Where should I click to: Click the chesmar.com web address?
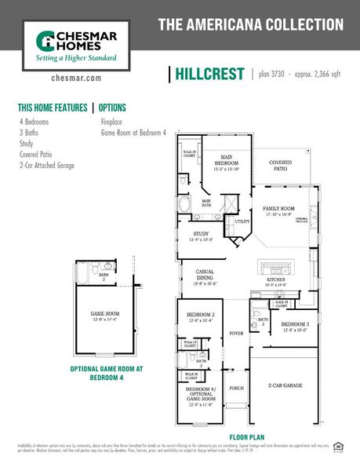(76, 78)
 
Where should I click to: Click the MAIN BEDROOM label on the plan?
(226, 160)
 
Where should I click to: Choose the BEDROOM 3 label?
(296, 324)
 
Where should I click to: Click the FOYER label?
(236, 333)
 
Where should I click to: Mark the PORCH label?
(236, 388)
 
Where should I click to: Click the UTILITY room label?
(243, 222)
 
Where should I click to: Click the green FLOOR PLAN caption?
(250, 436)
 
